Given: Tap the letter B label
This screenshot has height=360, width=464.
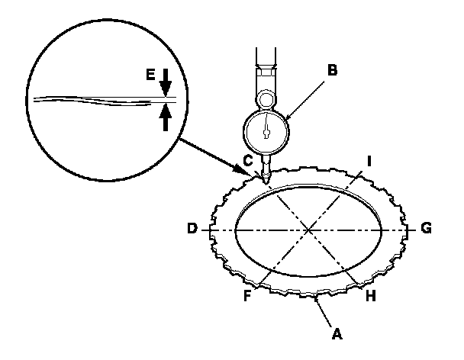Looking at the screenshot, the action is pyautogui.click(x=331, y=71).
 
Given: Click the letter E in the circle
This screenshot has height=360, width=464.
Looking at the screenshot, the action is pyautogui.click(x=151, y=73).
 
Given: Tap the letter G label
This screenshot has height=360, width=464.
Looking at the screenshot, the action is pyautogui.click(x=427, y=228).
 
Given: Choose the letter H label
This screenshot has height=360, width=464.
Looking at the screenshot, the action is pyautogui.click(x=371, y=295).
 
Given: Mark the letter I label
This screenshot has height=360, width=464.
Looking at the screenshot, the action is pyautogui.click(x=369, y=160).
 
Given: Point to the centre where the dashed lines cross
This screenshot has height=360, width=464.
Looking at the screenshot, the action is pyautogui.click(x=310, y=229).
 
